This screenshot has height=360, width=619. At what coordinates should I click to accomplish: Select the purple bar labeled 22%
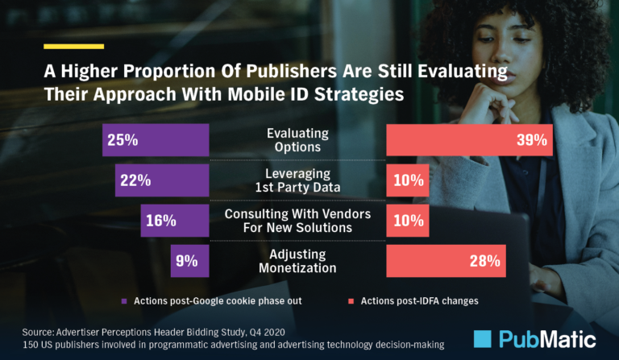click(162, 180)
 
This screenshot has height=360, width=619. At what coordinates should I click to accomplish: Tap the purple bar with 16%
click(174, 221)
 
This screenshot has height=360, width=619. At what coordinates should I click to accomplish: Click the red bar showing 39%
click(469, 140)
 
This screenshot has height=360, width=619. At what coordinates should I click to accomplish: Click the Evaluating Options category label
click(297, 140)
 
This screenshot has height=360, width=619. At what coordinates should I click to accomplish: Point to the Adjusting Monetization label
click(297, 261)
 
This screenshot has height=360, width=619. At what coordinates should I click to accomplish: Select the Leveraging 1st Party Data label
click(297, 180)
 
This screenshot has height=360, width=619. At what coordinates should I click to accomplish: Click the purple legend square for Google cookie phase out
click(124, 301)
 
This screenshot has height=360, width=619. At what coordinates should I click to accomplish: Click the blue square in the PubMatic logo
click(485, 339)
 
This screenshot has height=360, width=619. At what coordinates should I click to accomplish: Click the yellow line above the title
click(74, 46)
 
